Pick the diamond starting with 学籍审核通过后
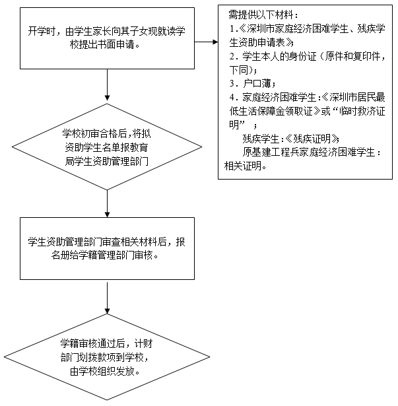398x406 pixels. click(107, 356)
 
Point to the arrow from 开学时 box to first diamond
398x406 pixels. click(107, 86)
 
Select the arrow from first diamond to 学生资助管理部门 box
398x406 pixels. click(107, 206)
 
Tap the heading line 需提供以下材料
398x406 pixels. click(261, 14)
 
